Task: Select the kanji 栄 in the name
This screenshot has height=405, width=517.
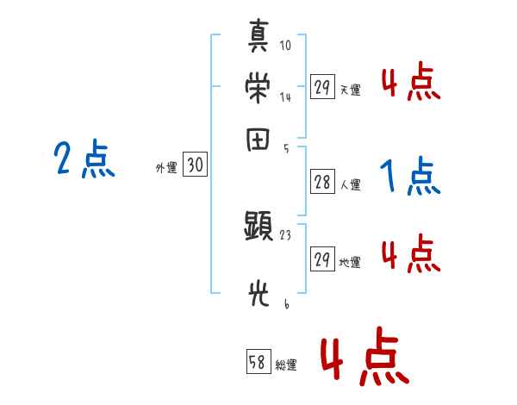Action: click(x=258, y=87)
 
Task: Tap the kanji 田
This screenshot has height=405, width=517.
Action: click(x=258, y=140)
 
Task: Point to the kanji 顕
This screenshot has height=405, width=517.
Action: click(x=258, y=227)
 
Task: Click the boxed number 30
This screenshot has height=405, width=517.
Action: click(x=196, y=165)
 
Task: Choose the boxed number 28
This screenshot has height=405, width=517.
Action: click(x=322, y=182)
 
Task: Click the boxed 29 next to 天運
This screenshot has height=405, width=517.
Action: click(x=322, y=87)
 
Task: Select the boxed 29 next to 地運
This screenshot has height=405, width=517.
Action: click(x=322, y=259)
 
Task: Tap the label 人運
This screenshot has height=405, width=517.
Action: click(x=350, y=184)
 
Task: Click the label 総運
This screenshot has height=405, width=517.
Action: click(x=286, y=365)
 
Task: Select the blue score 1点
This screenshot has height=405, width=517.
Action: click(x=410, y=177)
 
